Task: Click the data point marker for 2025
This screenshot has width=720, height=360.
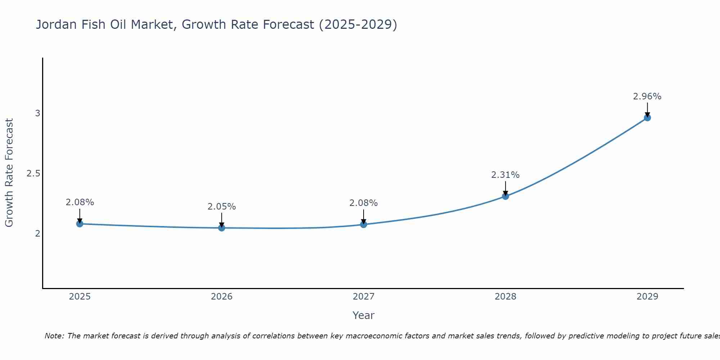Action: tap(80, 224)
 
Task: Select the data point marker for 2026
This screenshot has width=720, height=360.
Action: tap(221, 228)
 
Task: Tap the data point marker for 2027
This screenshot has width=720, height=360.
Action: tap(364, 224)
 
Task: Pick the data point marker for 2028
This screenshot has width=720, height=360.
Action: tap(505, 196)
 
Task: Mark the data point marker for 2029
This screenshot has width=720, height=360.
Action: tap(647, 117)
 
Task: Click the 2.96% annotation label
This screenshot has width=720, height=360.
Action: tap(647, 96)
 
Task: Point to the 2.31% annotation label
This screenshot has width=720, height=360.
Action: tap(505, 175)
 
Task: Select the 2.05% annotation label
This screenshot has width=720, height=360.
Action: tap(221, 207)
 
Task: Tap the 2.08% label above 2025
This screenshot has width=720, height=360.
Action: tap(80, 202)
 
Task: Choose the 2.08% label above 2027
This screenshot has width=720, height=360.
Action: tap(363, 203)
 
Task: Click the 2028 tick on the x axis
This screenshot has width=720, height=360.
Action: tap(505, 297)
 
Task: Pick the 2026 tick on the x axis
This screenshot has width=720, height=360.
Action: tap(221, 297)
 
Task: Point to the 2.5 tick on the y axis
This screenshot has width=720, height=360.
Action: tap(33, 174)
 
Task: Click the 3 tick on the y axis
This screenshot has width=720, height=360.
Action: tap(37, 113)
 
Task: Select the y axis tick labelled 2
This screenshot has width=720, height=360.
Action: tap(37, 234)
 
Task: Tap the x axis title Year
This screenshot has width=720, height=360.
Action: tap(363, 315)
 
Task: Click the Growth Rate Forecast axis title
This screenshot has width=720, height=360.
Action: tap(9, 173)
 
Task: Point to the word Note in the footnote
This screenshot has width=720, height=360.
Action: tap(54, 336)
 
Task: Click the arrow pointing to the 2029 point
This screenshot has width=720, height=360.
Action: tap(647, 109)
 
